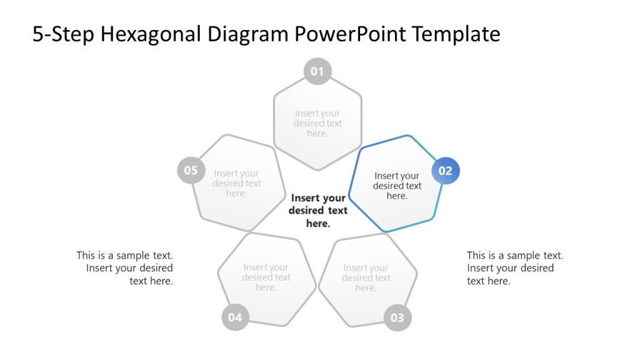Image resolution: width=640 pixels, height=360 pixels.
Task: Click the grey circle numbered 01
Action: [x=317, y=71]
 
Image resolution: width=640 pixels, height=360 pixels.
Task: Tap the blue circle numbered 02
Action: [x=445, y=171]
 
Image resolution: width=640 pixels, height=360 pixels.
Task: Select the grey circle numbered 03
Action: [x=397, y=317]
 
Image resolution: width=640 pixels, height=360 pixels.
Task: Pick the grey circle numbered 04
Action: [x=235, y=317]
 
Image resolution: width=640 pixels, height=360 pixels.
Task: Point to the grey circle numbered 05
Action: [x=191, y=171]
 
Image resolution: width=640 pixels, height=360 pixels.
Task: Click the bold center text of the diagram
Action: [x=318, y=211]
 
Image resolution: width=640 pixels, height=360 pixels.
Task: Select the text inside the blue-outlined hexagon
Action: [x=397, y=186]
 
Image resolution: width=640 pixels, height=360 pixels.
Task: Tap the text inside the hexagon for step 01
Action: [x=317, y=123]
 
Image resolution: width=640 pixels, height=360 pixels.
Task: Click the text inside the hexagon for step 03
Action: [x=366, y=277]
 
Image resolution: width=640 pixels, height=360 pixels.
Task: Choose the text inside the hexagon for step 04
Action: [x=266, y=277]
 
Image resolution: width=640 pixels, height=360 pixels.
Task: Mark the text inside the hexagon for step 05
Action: [x=236, y=183]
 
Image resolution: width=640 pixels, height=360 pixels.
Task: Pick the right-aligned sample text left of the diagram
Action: [x=125, y=268]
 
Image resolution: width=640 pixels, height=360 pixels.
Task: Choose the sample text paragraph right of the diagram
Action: [x=514, y=268]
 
